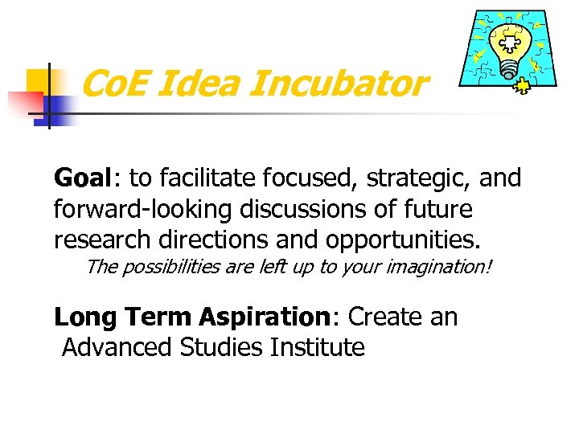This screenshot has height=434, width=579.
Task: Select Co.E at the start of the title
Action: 117,84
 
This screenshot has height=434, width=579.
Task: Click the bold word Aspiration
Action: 268,318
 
